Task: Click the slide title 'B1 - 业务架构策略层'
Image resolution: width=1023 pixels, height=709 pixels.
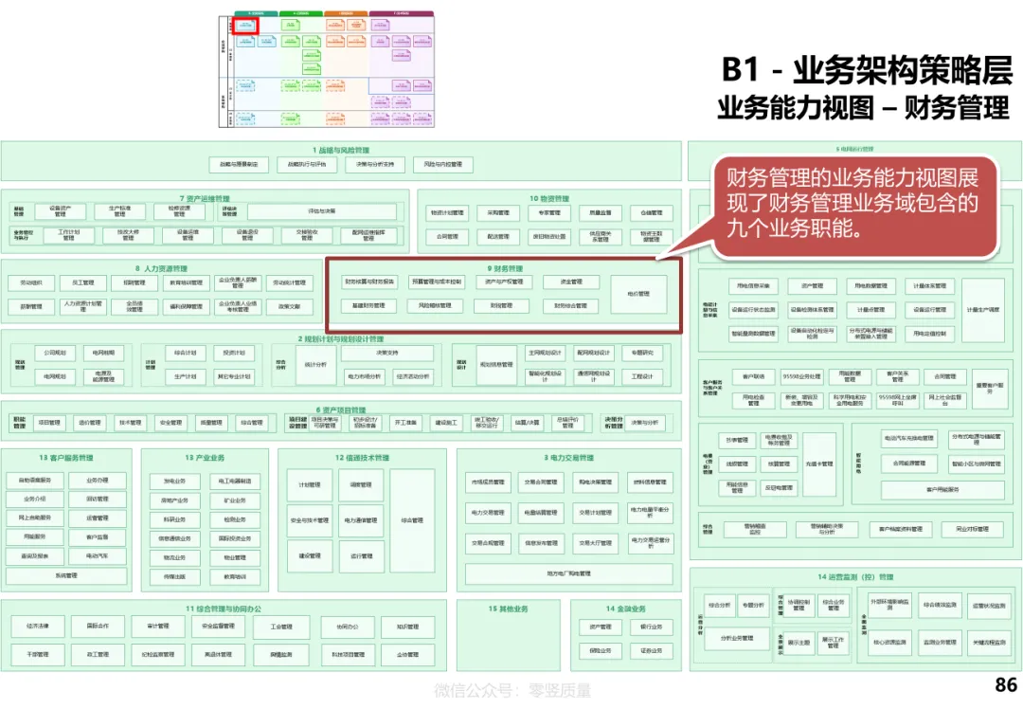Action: (x=867, y=71)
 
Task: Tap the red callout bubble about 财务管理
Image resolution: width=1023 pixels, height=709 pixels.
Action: (x=854, y=203)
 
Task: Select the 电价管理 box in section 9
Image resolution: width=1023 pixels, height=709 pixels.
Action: (x=638, y=294)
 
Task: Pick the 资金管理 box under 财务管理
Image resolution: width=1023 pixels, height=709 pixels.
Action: (x=570, y=282)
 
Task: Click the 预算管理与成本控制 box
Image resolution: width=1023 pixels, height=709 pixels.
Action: (x=436, y=282)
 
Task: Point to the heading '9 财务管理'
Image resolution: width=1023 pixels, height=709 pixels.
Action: (x=504, y=268)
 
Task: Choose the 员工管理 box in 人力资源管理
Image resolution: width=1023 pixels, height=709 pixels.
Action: (x=82, y=282)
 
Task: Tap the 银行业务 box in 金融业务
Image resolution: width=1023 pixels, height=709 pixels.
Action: (x=651, y=627)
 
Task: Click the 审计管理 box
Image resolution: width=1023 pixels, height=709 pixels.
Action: (x=157, y=627)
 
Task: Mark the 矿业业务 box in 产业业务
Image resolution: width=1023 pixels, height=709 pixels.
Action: (x=235, y=500)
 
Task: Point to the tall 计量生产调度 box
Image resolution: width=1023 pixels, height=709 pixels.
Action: (x=983, y=310)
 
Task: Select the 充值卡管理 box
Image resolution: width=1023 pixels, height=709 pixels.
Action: (x=819, y=464)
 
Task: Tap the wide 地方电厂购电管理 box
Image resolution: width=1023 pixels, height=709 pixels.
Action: (x=568, y=573)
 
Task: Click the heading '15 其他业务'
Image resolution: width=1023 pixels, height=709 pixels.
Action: (x=508, y=609)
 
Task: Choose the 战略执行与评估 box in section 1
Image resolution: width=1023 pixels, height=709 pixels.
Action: (x=307, y=164)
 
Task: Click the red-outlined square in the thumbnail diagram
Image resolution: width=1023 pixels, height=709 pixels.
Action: (x=245, y=26)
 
